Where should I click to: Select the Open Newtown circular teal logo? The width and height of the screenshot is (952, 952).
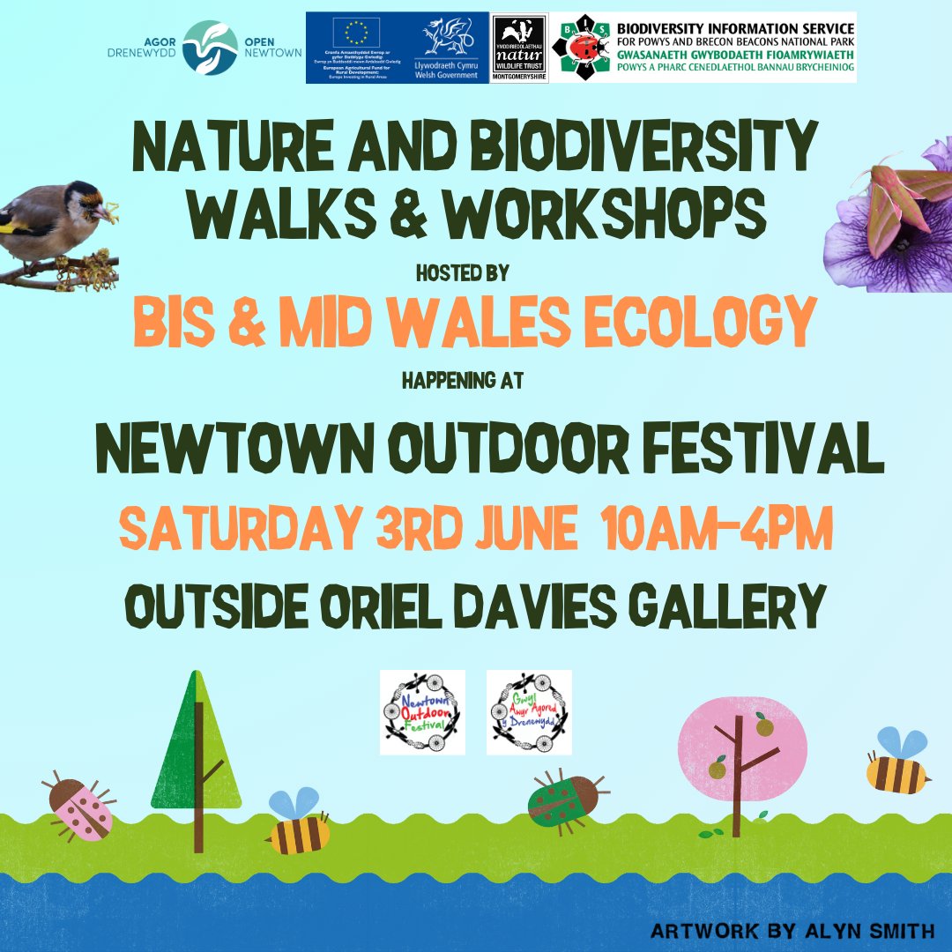211,48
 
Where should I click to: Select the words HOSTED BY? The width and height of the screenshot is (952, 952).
463,273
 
